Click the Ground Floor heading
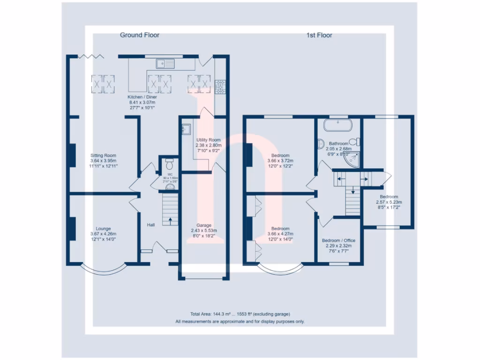pos(140,35)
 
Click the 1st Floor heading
pos(319,35)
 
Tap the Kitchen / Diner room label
pos(142,97)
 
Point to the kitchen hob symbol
pos(220,86)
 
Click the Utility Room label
pos(208,140)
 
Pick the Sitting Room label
pos(103,155)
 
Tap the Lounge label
pos(103,229)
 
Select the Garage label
pos(205,225)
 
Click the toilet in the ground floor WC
pos(170,164)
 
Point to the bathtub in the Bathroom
pos(338,125)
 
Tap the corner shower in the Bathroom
pos(352,159)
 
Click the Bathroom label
pos(338,143)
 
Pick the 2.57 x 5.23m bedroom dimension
pos(389,202)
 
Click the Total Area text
pos(240,314)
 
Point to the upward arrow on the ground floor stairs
pos(170,218)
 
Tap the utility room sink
pos(186,129)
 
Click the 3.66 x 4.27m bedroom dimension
pos(280,234)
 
